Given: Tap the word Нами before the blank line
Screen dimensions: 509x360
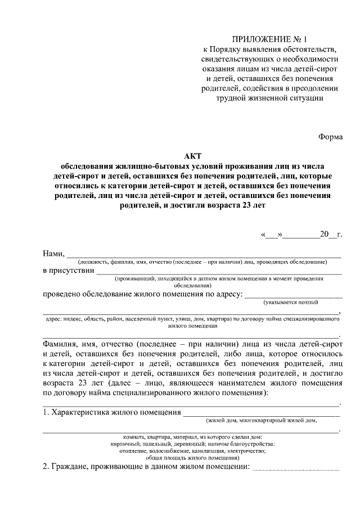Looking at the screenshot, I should pos(53,253).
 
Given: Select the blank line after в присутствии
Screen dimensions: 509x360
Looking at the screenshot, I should pos(219,272).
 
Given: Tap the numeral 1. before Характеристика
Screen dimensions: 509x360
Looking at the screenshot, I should pos(46,413).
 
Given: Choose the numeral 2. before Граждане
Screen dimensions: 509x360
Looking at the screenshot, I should pos(46,467).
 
